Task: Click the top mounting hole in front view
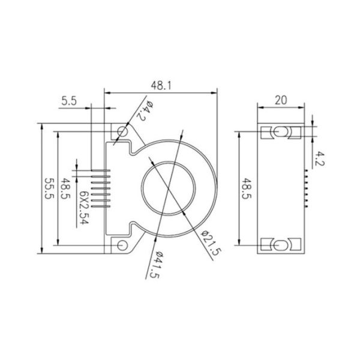coord(122,131)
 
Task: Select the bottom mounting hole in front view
coord(122,245)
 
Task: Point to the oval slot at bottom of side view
coord(280,245)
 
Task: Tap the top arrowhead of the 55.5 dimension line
coord(41,127)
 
